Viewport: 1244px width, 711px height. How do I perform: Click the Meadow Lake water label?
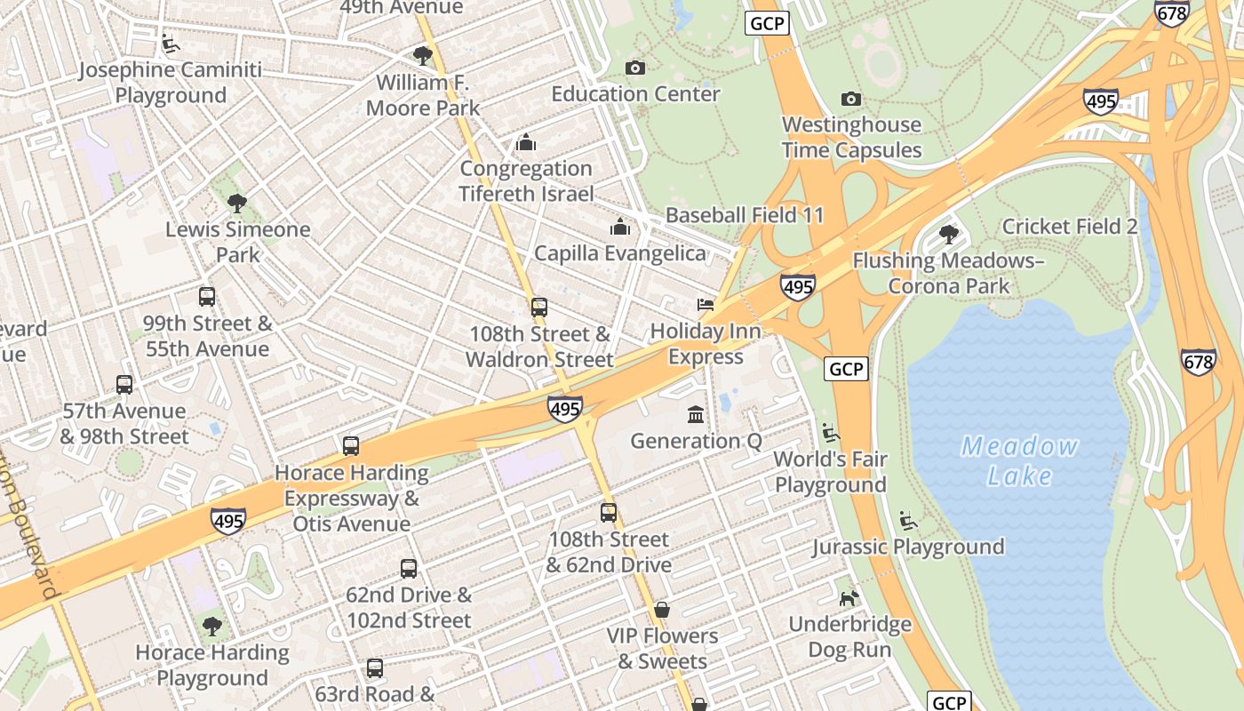click(x=1019, y=460)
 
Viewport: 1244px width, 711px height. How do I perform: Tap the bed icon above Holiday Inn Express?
click(x=706, y=305)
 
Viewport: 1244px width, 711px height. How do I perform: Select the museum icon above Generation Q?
click(x=696, y=414)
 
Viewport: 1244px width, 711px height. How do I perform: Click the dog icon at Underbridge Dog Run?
click(x=849, y=597)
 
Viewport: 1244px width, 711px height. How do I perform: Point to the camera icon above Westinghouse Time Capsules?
click(x=851, y=99)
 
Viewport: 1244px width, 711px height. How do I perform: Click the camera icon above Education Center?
click(x=635, y=68)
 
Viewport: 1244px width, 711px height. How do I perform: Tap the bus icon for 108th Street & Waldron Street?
click(x=539, y=308)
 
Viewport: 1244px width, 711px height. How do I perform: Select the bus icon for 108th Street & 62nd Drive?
click(x=609, y=512)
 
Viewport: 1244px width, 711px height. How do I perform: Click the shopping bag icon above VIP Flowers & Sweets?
click(x=662, y=610)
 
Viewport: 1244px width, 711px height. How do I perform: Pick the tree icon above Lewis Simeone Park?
click(x=237, y=203)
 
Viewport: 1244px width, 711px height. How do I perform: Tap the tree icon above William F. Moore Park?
click(x=423, y=56)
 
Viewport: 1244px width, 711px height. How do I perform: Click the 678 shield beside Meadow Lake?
click(x=1198, y=361)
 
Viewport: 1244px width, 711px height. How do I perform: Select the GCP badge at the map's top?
click(x=768, y=23)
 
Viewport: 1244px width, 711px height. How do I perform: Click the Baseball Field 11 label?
click(x=745, y=215)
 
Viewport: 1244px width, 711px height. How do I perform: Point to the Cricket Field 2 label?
click(x=1069, y=227)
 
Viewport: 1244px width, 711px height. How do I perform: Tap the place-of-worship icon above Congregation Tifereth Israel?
click(x=526, y=142)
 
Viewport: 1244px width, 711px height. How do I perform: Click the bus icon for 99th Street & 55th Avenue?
click(x=207, y=297)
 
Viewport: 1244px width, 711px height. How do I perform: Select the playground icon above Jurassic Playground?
click(x=908, y=520)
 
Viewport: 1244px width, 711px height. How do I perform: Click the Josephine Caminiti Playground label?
click(x=171, y=83)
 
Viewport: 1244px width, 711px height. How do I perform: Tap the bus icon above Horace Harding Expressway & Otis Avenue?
click(x=351, y=446)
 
